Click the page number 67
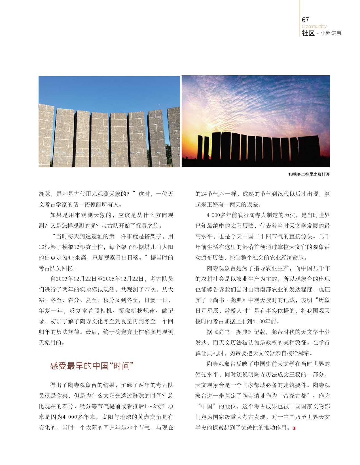click(305, 20)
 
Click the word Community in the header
click(314, 26)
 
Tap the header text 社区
click(308, 33)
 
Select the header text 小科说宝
click(331, 33)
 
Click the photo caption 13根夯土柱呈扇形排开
click(309, 174)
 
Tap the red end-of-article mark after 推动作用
click(294, 428)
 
